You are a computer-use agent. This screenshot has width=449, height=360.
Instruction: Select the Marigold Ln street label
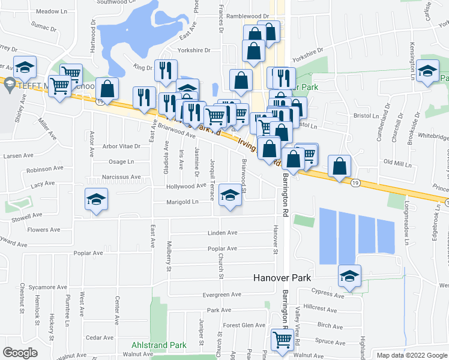182,202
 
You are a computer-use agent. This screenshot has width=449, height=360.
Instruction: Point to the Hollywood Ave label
186,187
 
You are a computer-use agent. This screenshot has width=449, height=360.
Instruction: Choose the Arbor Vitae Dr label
121,146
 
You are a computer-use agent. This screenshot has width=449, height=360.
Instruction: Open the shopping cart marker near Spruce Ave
282,340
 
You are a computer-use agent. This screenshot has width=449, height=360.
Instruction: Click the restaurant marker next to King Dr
164,70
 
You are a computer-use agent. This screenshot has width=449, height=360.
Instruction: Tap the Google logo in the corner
20,353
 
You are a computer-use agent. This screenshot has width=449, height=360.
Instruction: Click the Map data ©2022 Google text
412,355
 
